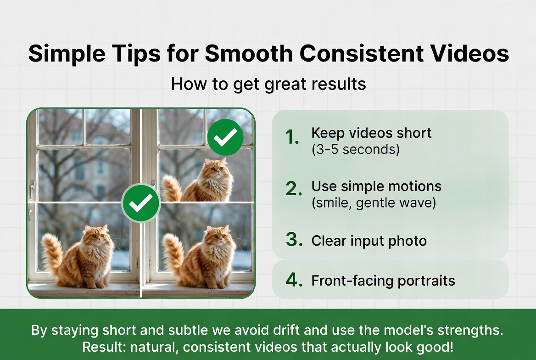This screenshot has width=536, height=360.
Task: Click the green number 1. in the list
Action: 292,137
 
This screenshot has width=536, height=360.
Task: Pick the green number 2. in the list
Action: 294,189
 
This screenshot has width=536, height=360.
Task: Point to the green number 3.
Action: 294,241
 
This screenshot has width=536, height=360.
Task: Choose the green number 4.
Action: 294,281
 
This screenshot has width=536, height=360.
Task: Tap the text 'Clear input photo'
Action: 369,241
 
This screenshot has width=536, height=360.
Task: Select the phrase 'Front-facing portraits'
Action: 383,281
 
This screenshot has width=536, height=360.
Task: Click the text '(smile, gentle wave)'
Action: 374,202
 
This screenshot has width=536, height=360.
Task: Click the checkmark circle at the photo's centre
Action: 141,203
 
